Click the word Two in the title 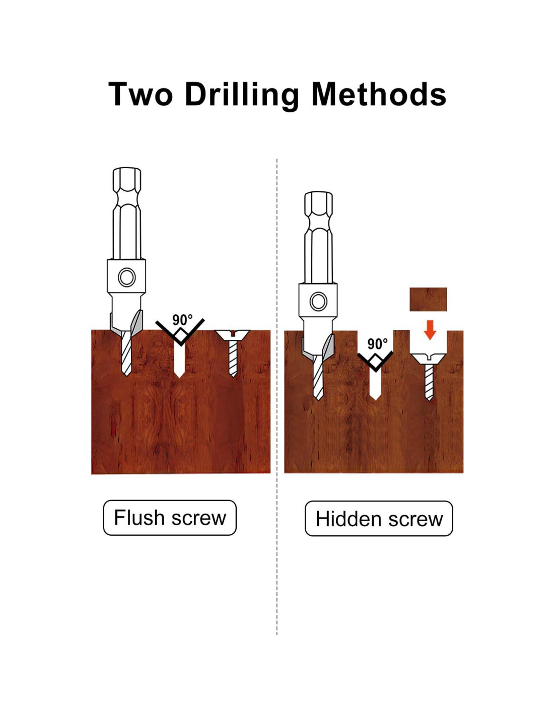tap(140, 94)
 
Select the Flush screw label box tap(170, 518)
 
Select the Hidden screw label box tap(379, 519)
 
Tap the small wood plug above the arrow tap(428, 299)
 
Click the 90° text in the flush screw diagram tap(182, 320)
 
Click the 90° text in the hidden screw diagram tap(377, 344)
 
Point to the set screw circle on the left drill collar tap(127, 277)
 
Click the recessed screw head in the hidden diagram tap(428, 359)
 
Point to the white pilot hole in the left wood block tap(179, 361)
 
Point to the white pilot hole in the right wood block tap(375, 384)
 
